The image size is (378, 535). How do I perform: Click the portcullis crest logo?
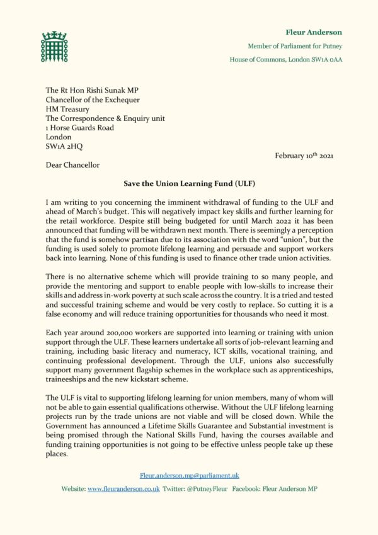click(x=54, y=46)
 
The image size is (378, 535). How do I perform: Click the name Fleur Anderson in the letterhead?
click(x=314, y=32)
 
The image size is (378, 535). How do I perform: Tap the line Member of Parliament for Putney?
click(x=295, y=46)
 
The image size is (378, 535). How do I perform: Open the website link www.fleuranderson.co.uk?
click(x=123, y=488)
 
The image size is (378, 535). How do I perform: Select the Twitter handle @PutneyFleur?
click(x=207, y=488)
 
